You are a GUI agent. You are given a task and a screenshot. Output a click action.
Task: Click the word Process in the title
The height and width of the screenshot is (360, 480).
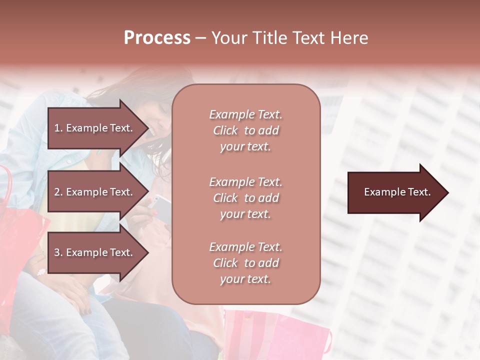[157, 38]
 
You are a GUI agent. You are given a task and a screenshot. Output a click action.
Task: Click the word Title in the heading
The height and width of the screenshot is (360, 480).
[270, 38]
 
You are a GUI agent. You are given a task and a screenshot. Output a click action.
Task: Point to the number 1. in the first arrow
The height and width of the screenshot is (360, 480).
[58, 128]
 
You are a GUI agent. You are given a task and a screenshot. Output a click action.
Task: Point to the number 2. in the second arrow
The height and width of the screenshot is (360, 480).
[58, 192]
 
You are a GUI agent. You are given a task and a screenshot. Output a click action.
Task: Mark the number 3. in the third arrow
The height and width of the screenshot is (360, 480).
[58, 252]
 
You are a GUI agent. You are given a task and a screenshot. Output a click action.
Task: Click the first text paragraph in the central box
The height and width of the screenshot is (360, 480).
[245, 130]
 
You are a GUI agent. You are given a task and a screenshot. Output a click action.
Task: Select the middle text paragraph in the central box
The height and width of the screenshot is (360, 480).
[245, 198]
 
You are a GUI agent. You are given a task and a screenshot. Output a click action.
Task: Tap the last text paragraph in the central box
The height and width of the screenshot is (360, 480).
[245, 263]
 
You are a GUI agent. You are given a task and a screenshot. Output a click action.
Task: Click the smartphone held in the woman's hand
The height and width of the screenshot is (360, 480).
[161, 202]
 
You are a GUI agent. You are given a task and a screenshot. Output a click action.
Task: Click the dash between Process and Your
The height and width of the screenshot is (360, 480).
[200, 38]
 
